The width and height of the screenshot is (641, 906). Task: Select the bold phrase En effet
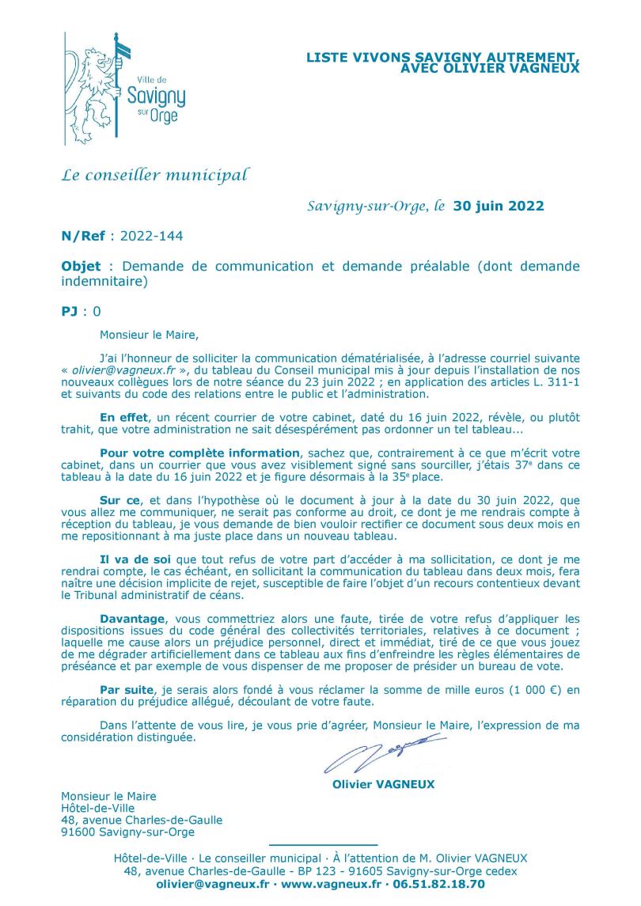click(123, 415)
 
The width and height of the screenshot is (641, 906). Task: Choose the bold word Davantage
click(132, 619)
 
